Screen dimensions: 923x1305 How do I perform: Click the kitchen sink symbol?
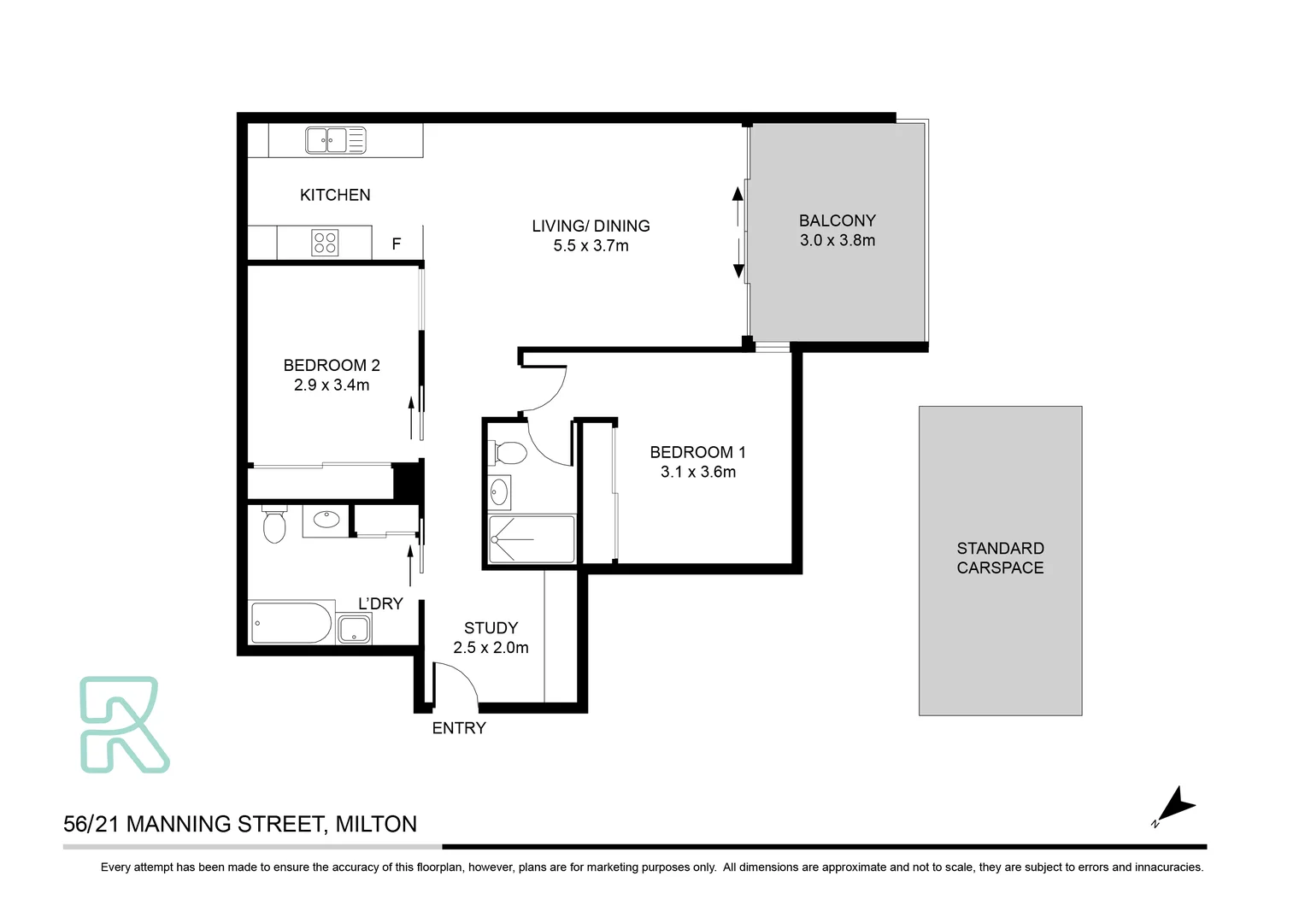335,140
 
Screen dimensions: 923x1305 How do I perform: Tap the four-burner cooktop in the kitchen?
325,243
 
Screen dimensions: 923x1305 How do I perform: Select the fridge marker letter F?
397,244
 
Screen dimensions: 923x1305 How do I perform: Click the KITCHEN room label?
335,195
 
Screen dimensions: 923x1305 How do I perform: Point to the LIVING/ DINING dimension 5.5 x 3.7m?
591,246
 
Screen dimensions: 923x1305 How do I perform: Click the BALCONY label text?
837,220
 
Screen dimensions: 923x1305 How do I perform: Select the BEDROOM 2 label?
332,365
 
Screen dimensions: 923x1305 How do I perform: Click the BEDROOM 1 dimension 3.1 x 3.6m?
697,472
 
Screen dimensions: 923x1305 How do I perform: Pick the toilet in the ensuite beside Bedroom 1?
509,452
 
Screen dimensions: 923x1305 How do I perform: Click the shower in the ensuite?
532,539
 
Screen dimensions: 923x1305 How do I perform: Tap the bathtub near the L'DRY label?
291,623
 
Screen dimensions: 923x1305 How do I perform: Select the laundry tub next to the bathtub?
354,630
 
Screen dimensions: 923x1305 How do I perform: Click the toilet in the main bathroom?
274,526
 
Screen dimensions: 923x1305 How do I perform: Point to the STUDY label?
491,628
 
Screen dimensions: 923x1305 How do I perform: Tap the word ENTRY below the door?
459,728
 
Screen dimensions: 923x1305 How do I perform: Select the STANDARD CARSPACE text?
1000,558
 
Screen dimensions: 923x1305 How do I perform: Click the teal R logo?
123,725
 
